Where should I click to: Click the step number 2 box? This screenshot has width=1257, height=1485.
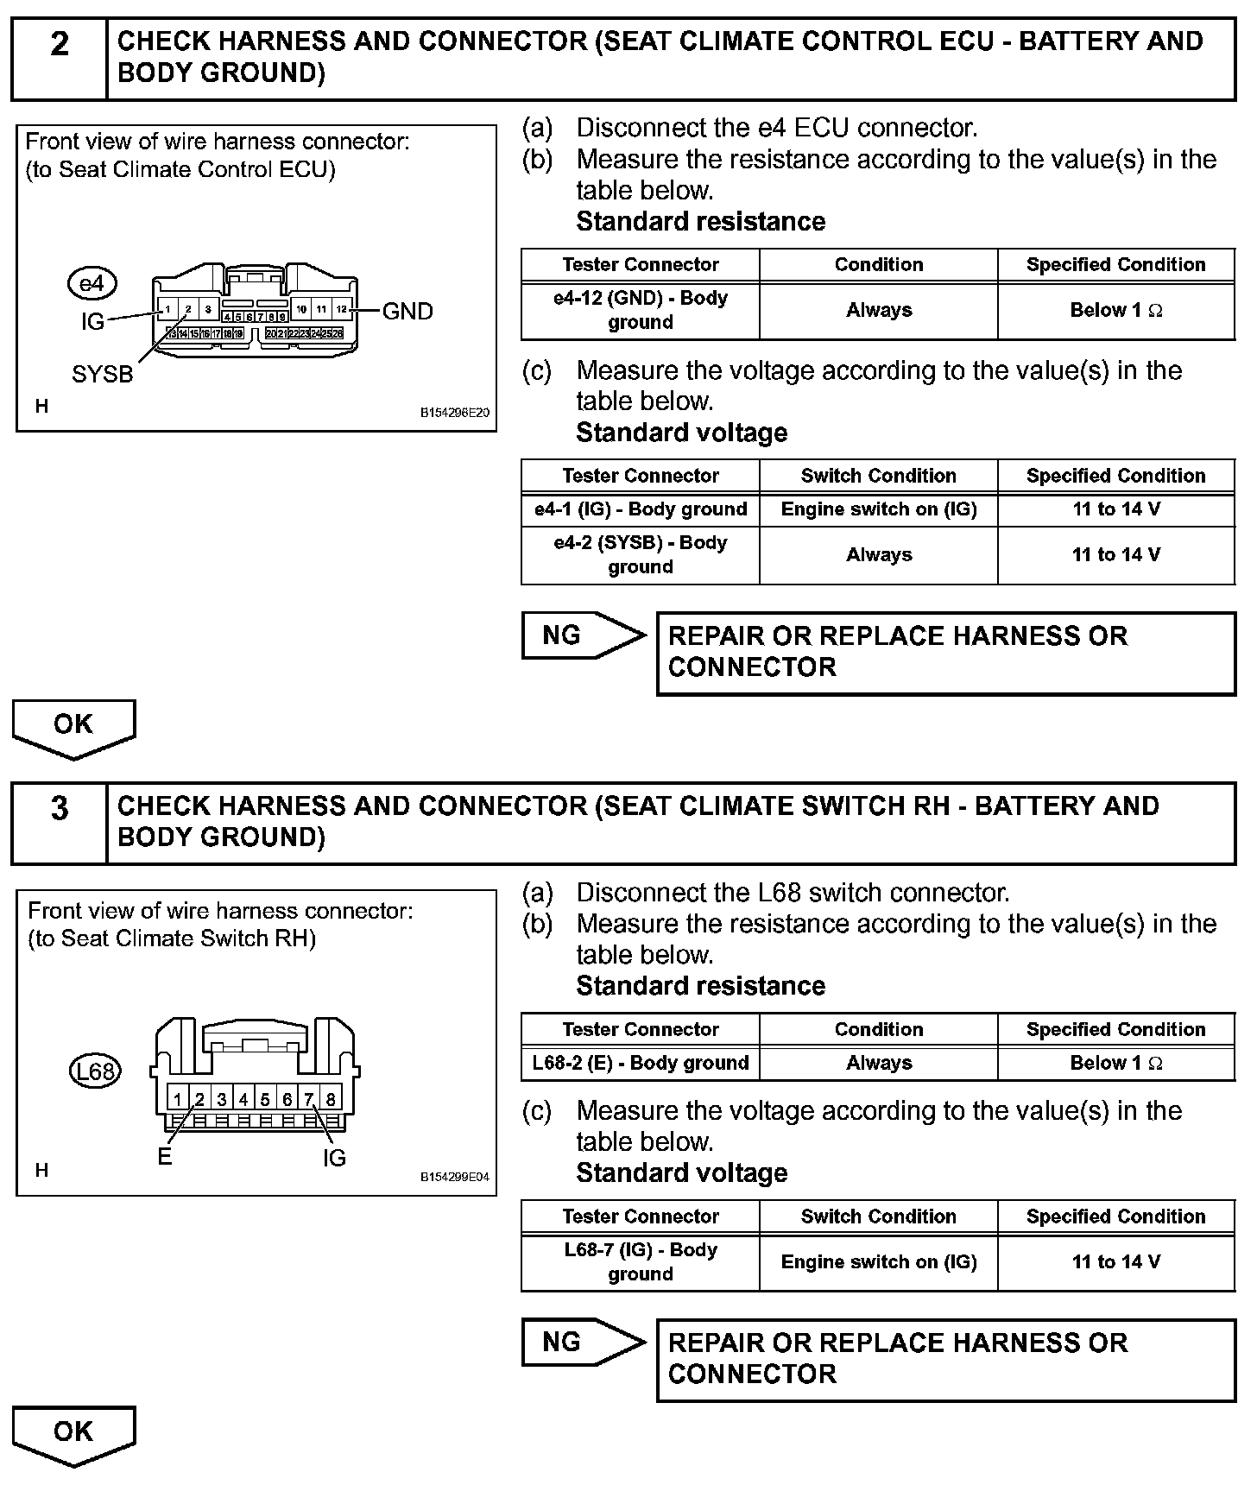(x=59, y=57)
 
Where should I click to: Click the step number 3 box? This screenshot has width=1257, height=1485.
(x=59, y=822)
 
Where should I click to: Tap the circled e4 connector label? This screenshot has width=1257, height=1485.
(x=92, y=283)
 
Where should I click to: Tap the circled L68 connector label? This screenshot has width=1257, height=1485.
(x=95, y=1071)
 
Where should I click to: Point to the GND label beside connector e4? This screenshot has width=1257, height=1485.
(x=407, y=311)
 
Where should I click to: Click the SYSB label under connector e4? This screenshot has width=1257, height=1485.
(x=103, y=375)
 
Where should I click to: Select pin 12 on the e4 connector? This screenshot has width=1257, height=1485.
(x=342, y=309)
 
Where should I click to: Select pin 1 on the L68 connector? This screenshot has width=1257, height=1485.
(x=178, y=1099)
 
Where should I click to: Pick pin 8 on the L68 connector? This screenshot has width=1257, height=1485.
(x=331, y=1099)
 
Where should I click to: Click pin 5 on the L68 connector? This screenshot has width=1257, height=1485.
(x=265, y=1099)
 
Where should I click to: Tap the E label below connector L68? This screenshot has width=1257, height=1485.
(x=165, y=1158)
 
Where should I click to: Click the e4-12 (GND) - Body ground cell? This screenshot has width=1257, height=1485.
(x=641, y=310)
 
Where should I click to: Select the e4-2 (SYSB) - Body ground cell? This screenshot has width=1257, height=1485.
(x=641, y=555)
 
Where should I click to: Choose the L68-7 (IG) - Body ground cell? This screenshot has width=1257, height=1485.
(x=641, y=1261)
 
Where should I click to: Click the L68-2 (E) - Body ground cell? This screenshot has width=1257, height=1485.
(x=641, y=1063)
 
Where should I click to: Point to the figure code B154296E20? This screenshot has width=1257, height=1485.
(x=455, y=413)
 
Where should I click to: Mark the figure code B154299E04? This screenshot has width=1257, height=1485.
(x=455, y=1177)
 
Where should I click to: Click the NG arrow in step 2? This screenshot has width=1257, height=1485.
(x=584, y=636)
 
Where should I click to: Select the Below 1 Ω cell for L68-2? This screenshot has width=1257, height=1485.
(x=1116, y=1063)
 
